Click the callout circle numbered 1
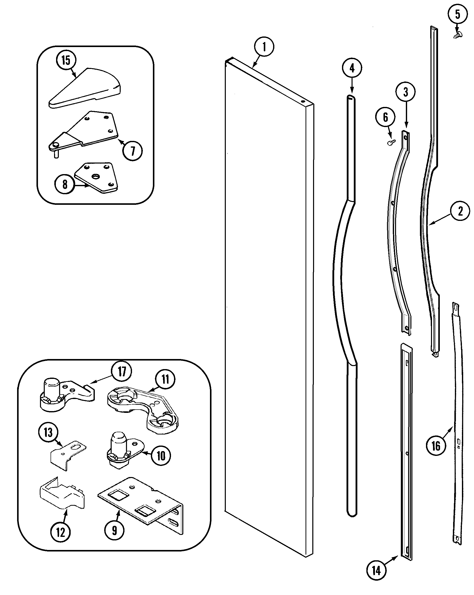pos(264,47)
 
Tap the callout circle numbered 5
pos(457,14)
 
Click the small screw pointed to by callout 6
pos(391,142)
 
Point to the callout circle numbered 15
pos(66,60)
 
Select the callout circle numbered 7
pos(133,151)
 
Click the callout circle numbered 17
pos(122,371)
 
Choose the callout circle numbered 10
pos(161,456)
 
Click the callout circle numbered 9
pos(114,530)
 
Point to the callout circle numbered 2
pos(460,211)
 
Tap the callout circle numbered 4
pos(352,68)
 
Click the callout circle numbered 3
pos(406,92)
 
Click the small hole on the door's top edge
pos(303,101)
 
